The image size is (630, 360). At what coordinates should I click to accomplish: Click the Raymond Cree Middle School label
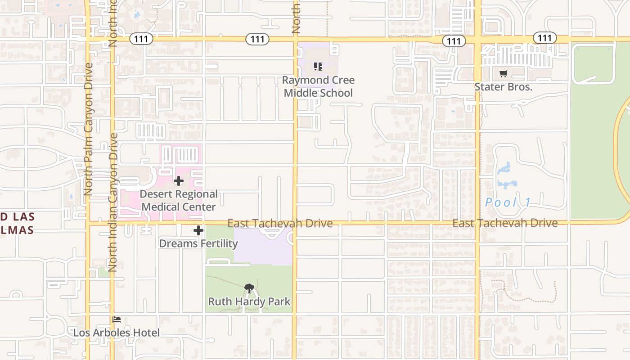click(318, 86)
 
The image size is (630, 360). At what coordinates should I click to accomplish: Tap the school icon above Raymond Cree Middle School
click(318, 67)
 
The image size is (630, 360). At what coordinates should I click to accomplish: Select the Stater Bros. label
click(503, 87)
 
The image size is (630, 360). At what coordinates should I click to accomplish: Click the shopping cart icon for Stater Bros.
click(503, 73)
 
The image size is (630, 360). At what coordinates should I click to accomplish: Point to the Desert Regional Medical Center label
click(179, 200)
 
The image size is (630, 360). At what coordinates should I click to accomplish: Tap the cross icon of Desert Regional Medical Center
click(179, 181)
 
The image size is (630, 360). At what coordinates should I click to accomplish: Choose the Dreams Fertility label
click(198, 243)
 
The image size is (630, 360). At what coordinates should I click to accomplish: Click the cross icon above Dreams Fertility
click(198, 231)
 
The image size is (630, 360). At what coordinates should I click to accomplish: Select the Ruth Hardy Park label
click(249, 301)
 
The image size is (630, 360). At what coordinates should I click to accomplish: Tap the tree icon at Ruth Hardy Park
click(249, 288)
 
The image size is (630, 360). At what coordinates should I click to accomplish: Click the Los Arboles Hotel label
click(117, 333)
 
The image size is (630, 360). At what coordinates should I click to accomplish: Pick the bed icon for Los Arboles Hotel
click(117, 319)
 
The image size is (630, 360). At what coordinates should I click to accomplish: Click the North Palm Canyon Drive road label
click(88, 129)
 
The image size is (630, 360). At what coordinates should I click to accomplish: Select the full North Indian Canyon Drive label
click(112, 202)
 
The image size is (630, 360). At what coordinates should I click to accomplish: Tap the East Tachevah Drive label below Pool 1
click(505, 223)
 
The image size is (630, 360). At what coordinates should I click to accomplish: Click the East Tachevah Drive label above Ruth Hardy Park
click(280, 223)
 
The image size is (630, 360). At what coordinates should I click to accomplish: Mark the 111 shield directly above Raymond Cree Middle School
click(257, 39)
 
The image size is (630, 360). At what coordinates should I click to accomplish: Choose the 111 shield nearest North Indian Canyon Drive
click(141, 39)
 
